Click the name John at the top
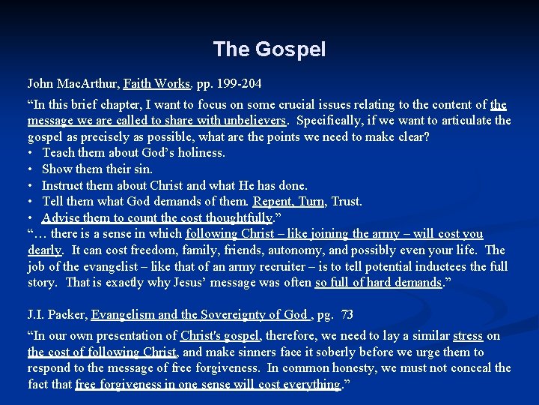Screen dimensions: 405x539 point(40,82)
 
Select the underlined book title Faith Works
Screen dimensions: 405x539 point(157,82)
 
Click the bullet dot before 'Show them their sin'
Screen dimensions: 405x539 point(31,169)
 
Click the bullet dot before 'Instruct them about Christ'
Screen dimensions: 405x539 point(31,186)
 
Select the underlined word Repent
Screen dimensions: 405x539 point(272,202)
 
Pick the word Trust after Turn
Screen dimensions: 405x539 point(346,202)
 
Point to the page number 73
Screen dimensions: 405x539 point(347,315)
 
